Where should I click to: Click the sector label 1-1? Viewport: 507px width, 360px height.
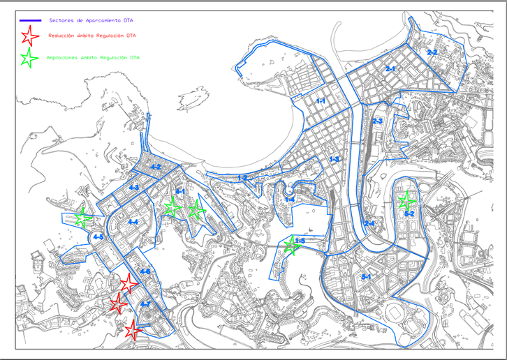pos(321,102)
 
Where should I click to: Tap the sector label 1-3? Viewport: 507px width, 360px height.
pos(335,160)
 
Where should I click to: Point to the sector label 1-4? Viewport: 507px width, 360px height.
pos(289,200)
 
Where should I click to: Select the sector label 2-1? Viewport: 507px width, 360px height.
pos(390,69)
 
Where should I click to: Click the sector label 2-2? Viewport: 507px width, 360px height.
pos(432,52)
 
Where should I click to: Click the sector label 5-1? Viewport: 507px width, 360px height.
pos(367,277)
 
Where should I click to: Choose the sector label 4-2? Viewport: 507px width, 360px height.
pos(154,167)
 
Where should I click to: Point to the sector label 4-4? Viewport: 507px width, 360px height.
pos(133,222)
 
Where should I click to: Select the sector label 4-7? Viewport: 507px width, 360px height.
pos(145,305)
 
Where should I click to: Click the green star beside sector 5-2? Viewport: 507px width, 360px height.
pos(405,202)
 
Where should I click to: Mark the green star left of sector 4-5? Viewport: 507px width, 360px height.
pos(83,218)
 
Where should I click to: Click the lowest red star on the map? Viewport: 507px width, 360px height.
pos(132,329)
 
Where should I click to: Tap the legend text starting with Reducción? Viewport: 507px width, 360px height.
pos(91,35)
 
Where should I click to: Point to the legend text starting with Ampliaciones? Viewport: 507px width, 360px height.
pos(93,58)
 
